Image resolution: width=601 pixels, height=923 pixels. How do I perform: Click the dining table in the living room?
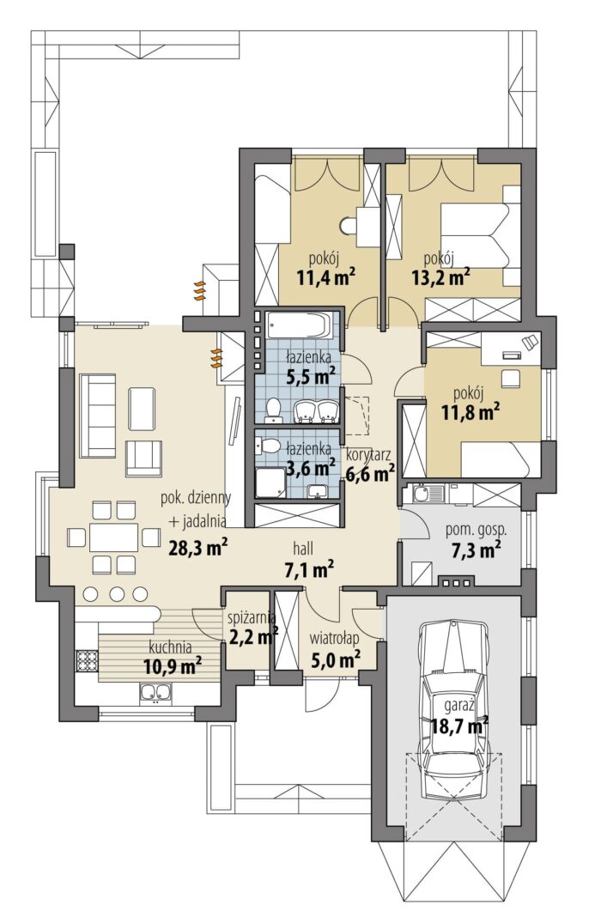pos(113,537)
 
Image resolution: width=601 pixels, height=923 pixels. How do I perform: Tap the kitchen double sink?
pos(155,692)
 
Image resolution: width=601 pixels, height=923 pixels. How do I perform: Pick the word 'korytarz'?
pos(368,454)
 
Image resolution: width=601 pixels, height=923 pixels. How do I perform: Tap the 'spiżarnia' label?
pos(252,617)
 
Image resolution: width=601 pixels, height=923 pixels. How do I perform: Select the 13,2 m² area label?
pos(440,276)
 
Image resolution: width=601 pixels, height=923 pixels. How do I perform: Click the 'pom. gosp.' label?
pos(476,529)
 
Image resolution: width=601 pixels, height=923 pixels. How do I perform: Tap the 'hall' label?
pos(303,549)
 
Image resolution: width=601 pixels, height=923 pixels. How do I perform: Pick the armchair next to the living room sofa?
pos(143,458)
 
